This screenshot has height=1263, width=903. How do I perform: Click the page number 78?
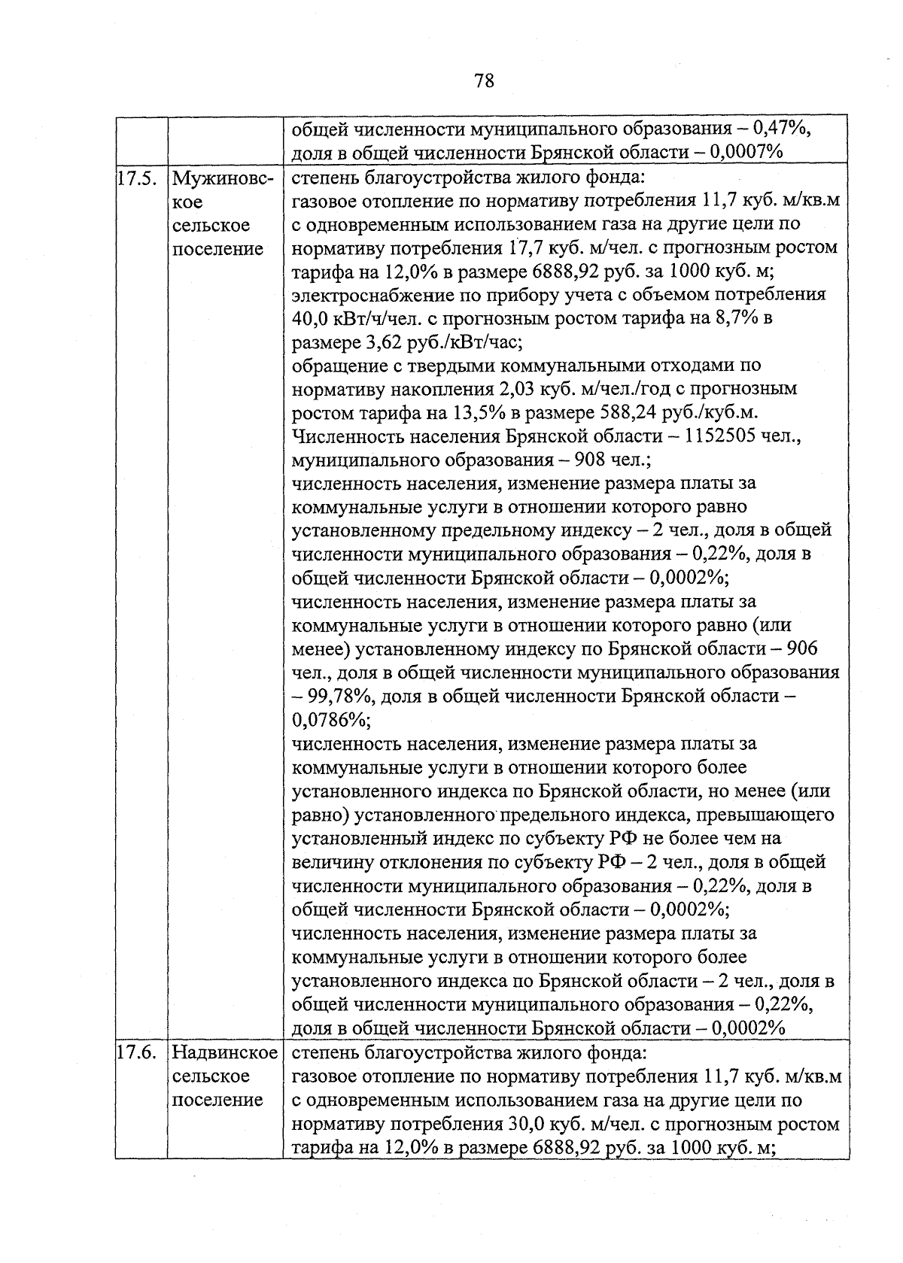coord(484,80)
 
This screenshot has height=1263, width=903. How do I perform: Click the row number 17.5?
coord(137,179)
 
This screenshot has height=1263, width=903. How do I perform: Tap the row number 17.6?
coord(137,1052)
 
